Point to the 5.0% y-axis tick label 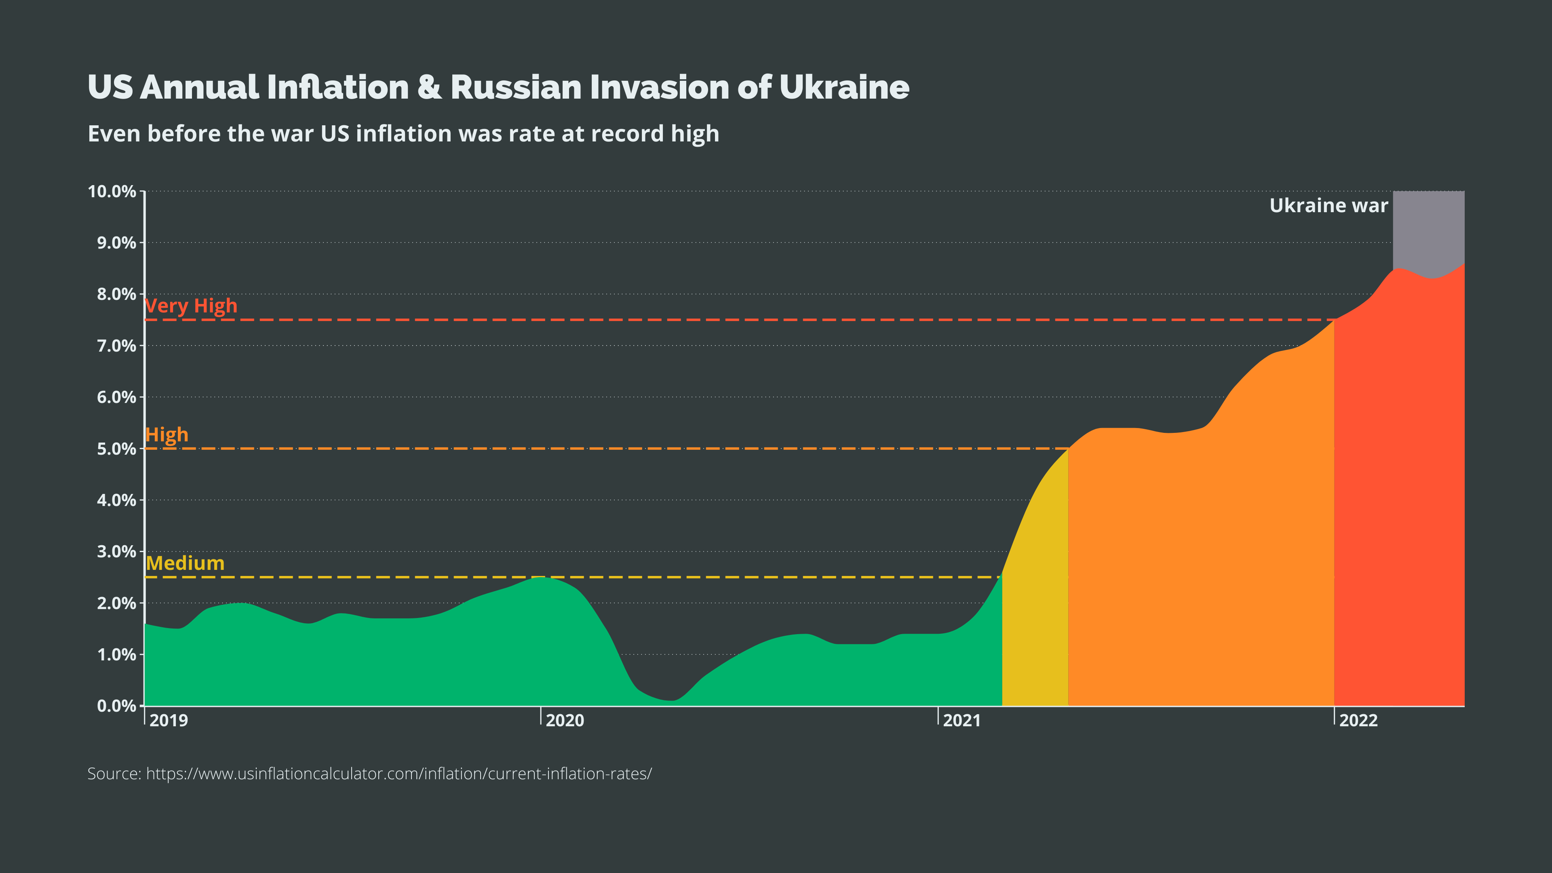116,449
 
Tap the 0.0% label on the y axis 116,706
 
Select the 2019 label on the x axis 168,721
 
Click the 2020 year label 565,721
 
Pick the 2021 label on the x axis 962,721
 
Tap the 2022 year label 1358,721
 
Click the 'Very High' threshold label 192,306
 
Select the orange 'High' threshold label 167,434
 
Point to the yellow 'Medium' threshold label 185,563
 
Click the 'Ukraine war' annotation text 1328,205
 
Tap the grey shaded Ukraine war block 1428,229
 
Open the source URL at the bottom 399,774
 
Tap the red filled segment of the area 1398,512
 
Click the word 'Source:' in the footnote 114,774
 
